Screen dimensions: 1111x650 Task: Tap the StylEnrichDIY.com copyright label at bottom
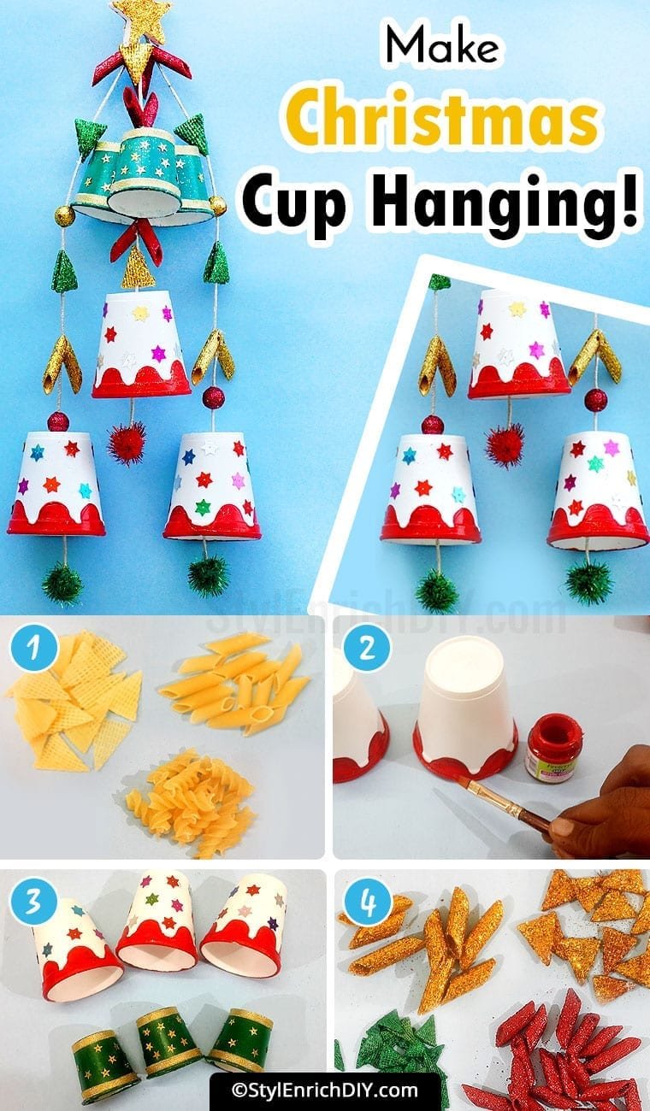click(325, 1090)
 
